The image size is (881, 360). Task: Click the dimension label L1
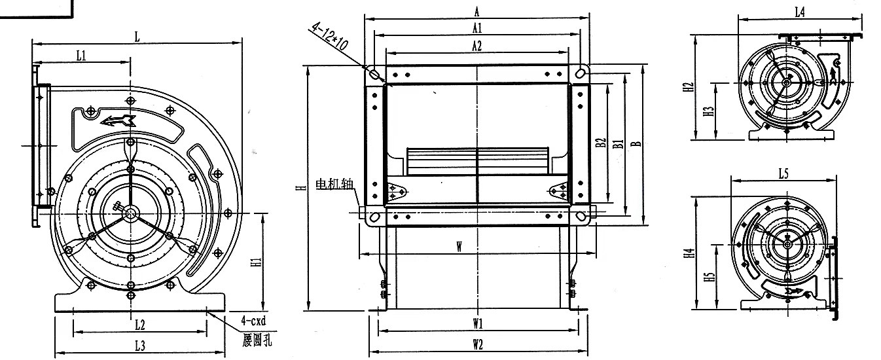[x=81, y=56]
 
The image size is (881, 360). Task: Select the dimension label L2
[x=139, y=324]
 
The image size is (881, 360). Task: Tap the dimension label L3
[x=139, y=346]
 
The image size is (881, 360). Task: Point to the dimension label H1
[x=257, y=262]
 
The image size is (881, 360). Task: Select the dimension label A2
[x=476, y=46]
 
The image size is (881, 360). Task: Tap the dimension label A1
[x=476, y=28]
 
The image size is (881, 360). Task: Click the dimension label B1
[x=618, y=145]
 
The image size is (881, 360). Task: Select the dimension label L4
[x=799, y=12]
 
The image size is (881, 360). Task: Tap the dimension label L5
[x=783, y=173]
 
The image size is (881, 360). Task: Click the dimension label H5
[x=709, y=276]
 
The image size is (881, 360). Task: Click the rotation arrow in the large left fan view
[x=118, y=120]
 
